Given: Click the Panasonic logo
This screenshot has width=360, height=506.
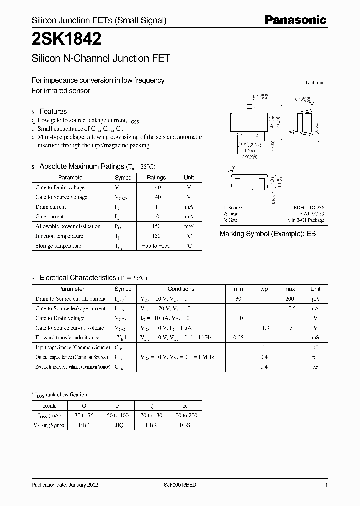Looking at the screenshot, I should [295, 20].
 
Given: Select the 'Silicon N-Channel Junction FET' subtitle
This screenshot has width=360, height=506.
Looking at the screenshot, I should [101, 58].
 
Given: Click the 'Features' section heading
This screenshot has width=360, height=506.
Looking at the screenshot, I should [53, 111].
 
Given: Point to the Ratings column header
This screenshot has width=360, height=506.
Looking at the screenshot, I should [156, 178].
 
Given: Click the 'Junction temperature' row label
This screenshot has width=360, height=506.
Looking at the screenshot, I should [59, 236].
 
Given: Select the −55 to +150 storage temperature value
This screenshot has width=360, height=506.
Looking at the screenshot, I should [156, 246].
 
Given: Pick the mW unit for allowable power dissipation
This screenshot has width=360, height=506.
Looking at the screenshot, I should [189, 226].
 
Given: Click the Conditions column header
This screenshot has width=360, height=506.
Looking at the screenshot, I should [181, 289].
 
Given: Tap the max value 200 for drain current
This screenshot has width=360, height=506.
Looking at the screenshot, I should [289, 299].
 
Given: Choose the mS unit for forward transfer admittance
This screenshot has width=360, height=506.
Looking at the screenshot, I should [315, 338].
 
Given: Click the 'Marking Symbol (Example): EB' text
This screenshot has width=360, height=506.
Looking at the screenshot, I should [268, 234].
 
